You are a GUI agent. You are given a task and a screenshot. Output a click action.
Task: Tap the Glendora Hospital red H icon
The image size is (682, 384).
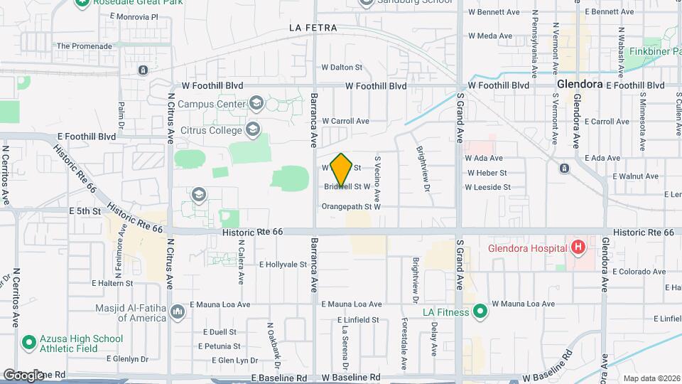point(578,248)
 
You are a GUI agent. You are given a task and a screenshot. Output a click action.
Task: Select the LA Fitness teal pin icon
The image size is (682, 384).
point(481,311)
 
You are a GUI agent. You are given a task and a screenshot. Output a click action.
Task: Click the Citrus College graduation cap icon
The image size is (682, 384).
point(252,129)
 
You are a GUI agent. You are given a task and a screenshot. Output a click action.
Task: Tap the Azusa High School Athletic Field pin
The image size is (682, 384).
point(29,343)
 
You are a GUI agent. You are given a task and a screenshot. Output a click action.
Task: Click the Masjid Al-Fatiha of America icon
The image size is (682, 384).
point(178,311)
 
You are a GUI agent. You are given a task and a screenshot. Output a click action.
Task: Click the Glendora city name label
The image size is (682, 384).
point(580,84)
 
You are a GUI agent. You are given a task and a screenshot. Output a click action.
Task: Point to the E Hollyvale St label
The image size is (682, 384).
point(283,265)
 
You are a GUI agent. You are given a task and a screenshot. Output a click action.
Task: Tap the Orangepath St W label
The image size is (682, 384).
point(352,207)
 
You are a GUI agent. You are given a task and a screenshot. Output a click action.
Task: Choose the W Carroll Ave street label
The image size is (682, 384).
point(345,122)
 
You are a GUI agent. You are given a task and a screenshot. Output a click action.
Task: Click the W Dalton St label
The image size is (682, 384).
point(342,68)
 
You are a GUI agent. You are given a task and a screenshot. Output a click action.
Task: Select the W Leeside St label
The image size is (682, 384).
point(487,187)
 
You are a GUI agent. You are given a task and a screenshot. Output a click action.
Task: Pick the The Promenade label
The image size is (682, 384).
point(85,46)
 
